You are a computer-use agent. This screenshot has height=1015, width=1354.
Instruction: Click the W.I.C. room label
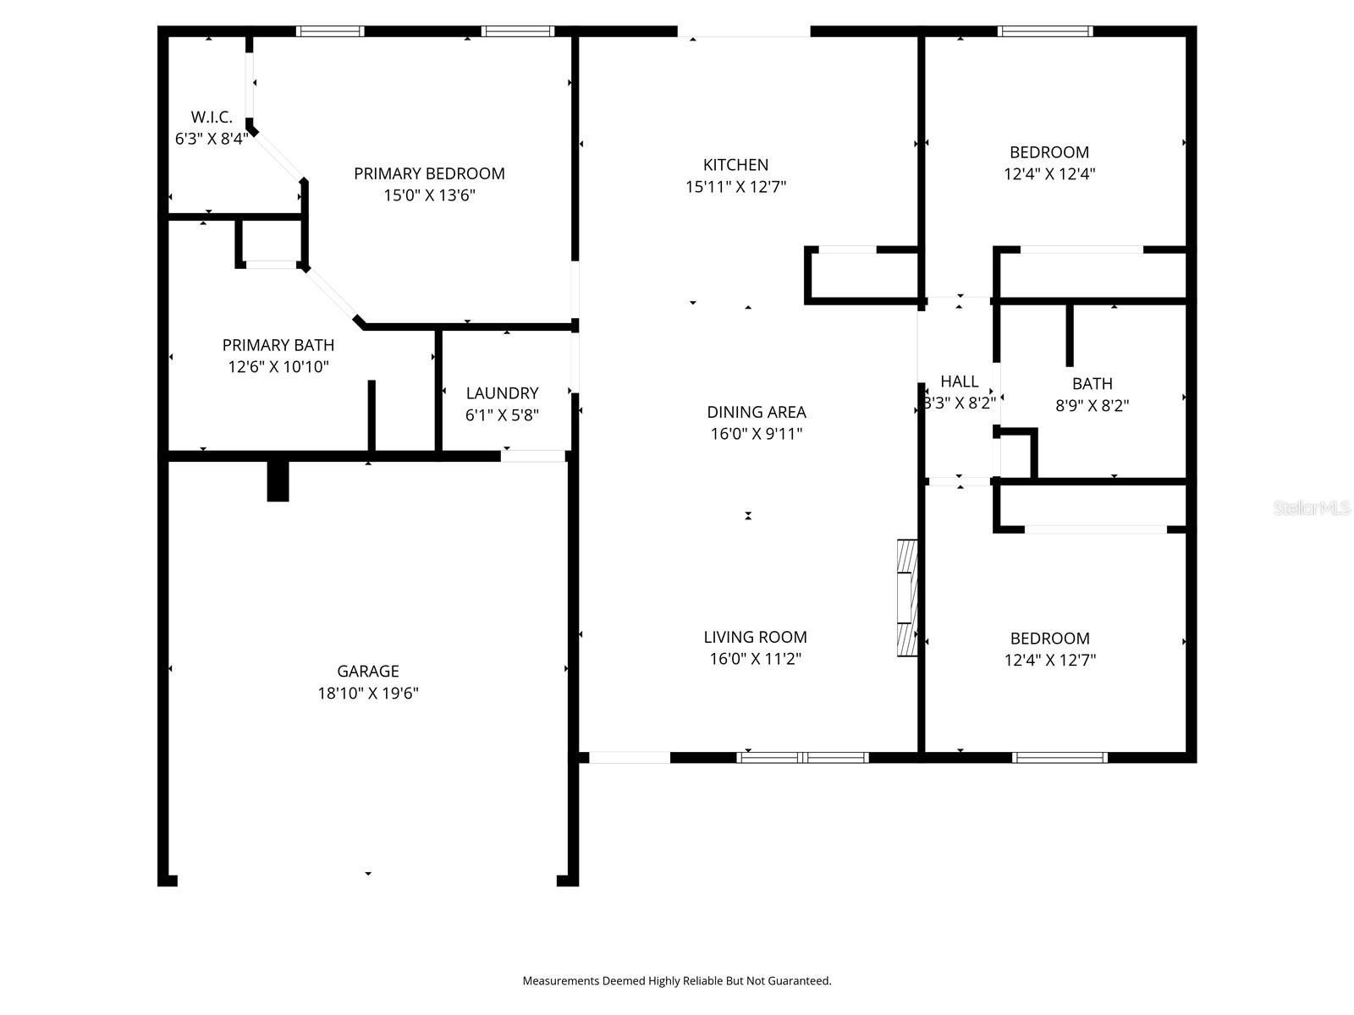(x=212, y=118)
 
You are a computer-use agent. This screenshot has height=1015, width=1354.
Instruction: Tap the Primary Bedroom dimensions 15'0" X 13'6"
(x=429, y=195)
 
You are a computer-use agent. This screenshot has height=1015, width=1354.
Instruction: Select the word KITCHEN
(x=735, y=165)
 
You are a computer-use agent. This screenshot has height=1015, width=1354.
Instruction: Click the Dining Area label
(x=757, y=412)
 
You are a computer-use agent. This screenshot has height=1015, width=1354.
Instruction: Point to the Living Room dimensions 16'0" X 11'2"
(x=756, y=659)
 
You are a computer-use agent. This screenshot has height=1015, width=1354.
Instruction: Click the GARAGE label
(x=368, y=671)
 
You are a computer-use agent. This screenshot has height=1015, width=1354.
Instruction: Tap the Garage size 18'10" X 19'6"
(x=368, y=694)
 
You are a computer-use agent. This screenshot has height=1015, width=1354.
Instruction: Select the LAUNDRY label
(x=502, y=393)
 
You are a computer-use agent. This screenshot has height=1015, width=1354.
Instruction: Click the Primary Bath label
(x=278, y=345)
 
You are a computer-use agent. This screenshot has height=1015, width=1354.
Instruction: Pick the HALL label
(x=959, y=381)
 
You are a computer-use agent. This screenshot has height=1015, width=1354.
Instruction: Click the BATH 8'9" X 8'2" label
(x=1092, y=394)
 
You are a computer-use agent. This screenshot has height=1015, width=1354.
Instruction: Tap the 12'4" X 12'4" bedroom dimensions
(x=1049, y=174)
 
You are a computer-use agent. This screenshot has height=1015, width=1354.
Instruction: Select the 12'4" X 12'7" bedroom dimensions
(x=1049, y=661)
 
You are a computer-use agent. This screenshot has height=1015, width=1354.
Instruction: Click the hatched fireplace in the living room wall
(x=906, y=597)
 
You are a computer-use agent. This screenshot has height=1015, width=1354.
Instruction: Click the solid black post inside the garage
(x=278, y=481)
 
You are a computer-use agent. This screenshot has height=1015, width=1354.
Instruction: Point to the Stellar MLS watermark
(x=1312, y=508)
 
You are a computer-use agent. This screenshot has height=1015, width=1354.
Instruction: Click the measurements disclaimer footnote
(x=677, y=981)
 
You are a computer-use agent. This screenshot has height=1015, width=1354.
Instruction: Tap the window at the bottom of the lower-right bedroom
(x=1060, y=757)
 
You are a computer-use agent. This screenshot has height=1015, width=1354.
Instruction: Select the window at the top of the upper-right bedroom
(x=1045, y=31)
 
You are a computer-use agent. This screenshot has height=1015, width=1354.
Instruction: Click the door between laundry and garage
(x=533, y=456)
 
